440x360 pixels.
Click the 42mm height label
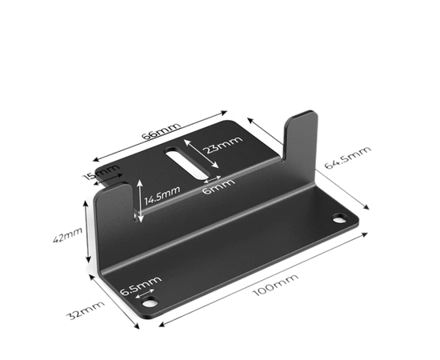[73, 237]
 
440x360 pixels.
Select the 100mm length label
[275, 288]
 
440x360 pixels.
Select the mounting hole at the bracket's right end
[340, 218]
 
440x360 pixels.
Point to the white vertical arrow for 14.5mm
[140, 200]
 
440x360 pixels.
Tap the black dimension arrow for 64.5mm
[312, 172]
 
